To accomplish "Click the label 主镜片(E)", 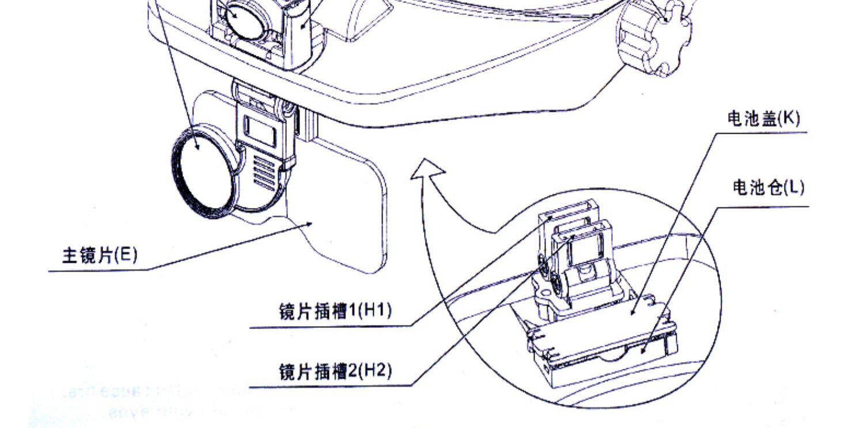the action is (x=100, y=255).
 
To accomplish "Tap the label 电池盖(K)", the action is (x=763, y=119).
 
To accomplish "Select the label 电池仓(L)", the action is (x=768, y=187).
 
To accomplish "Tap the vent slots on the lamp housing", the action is (x=264, y=173).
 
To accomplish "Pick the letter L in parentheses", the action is (x=795, y=187).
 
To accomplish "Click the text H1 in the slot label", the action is (x=377, y=311).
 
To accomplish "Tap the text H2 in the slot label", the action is (x=377, y=370).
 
